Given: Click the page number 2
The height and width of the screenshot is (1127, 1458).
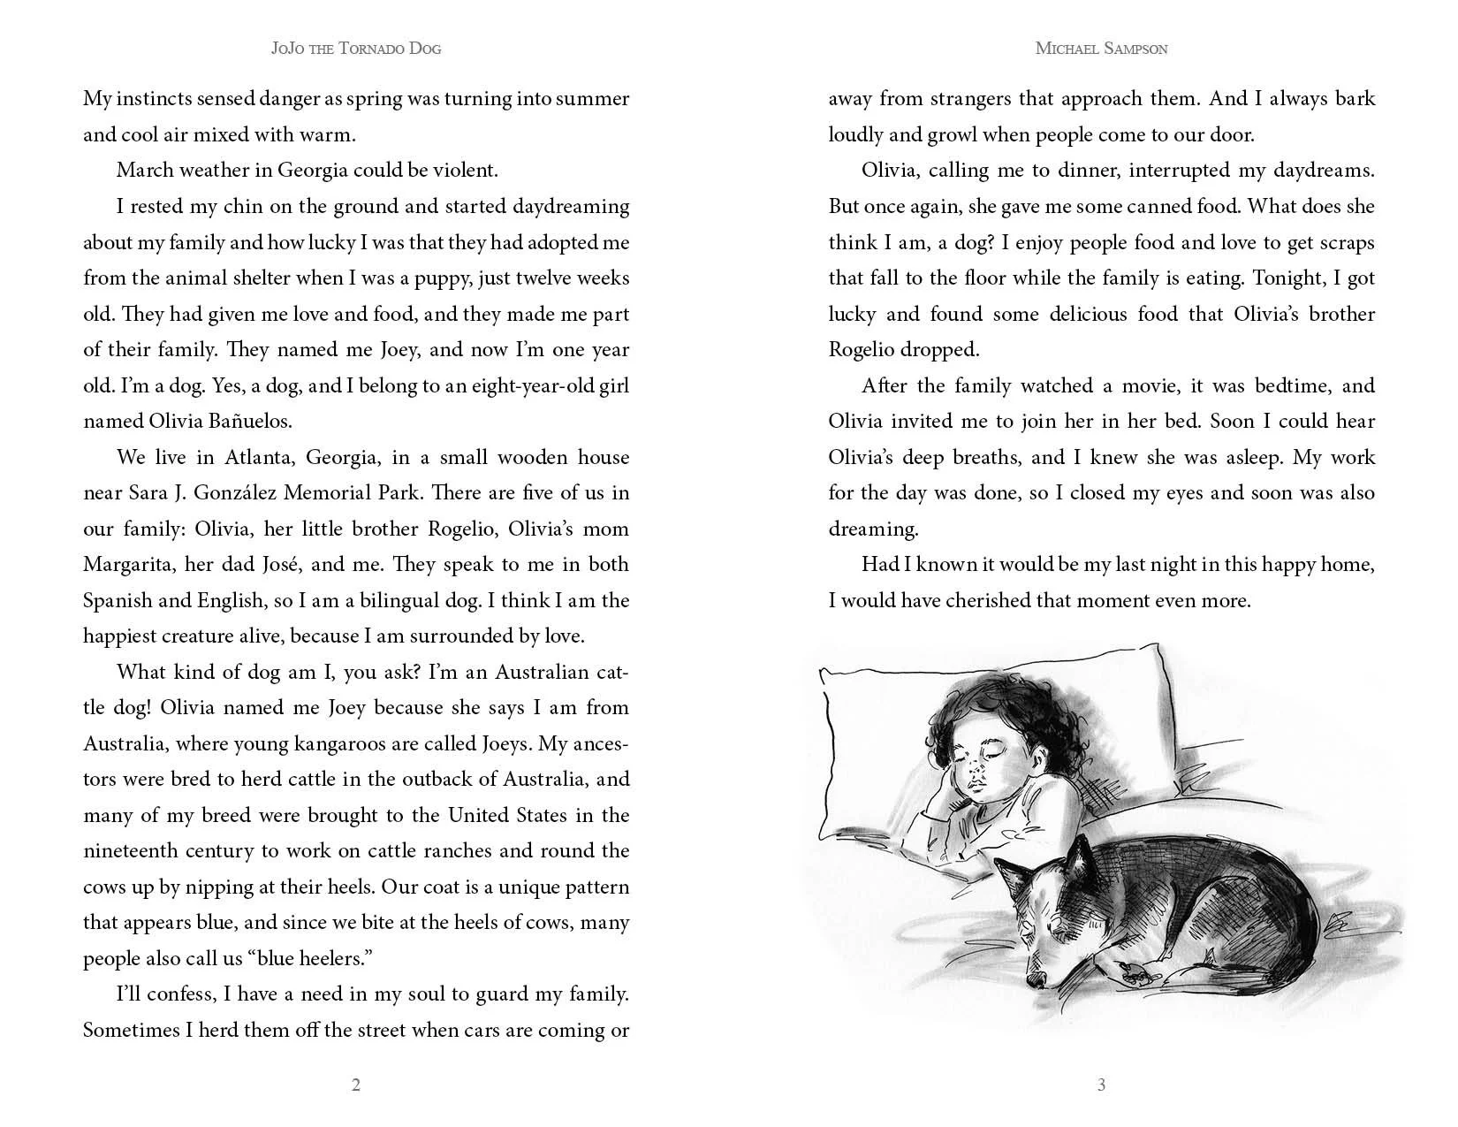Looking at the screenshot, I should tap(356, 1085).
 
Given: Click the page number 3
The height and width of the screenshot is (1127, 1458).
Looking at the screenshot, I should tap(1101, 1085).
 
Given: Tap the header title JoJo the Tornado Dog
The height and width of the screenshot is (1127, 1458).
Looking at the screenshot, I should tap(356, 48).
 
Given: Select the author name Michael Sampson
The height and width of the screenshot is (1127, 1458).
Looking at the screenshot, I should tap(1101, 48).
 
